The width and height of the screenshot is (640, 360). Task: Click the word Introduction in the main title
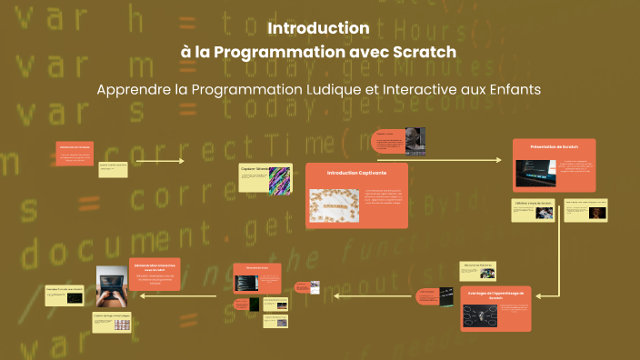click(x=318, y=28)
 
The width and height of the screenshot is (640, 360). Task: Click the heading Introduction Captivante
click(x=356, y=172)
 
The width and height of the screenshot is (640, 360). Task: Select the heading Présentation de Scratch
click(x=558, y=145)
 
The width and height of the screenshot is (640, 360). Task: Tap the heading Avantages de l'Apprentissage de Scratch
click(x=495, y=295)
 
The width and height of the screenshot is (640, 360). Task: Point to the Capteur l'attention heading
click(x=254, y=168)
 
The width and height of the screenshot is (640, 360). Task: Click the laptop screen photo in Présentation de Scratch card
click(x=535, y=174)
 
